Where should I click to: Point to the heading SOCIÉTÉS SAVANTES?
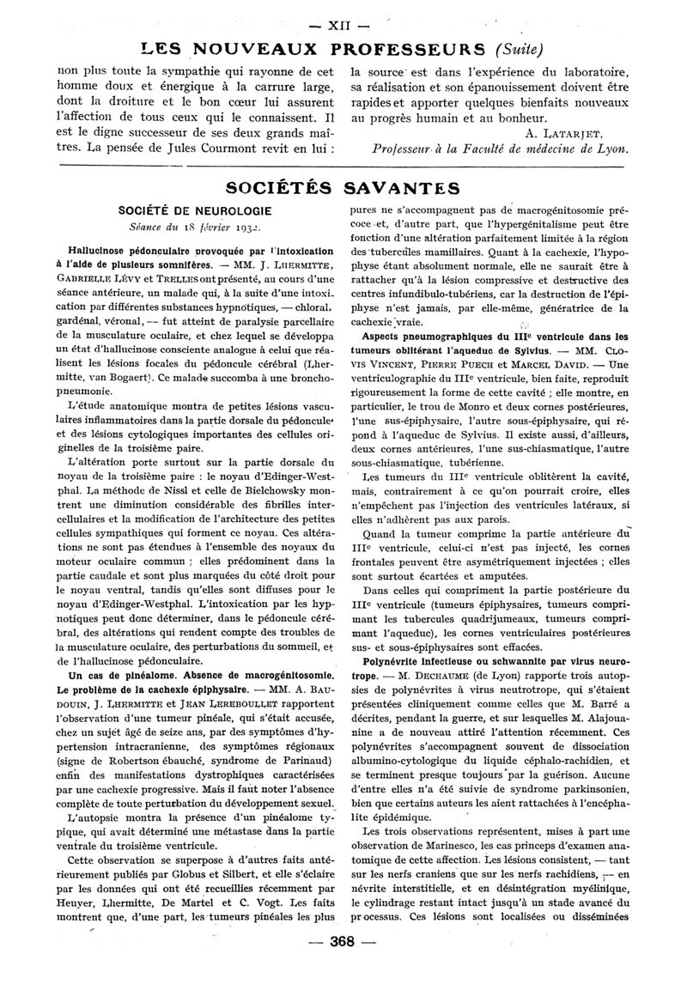coord(343,187)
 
